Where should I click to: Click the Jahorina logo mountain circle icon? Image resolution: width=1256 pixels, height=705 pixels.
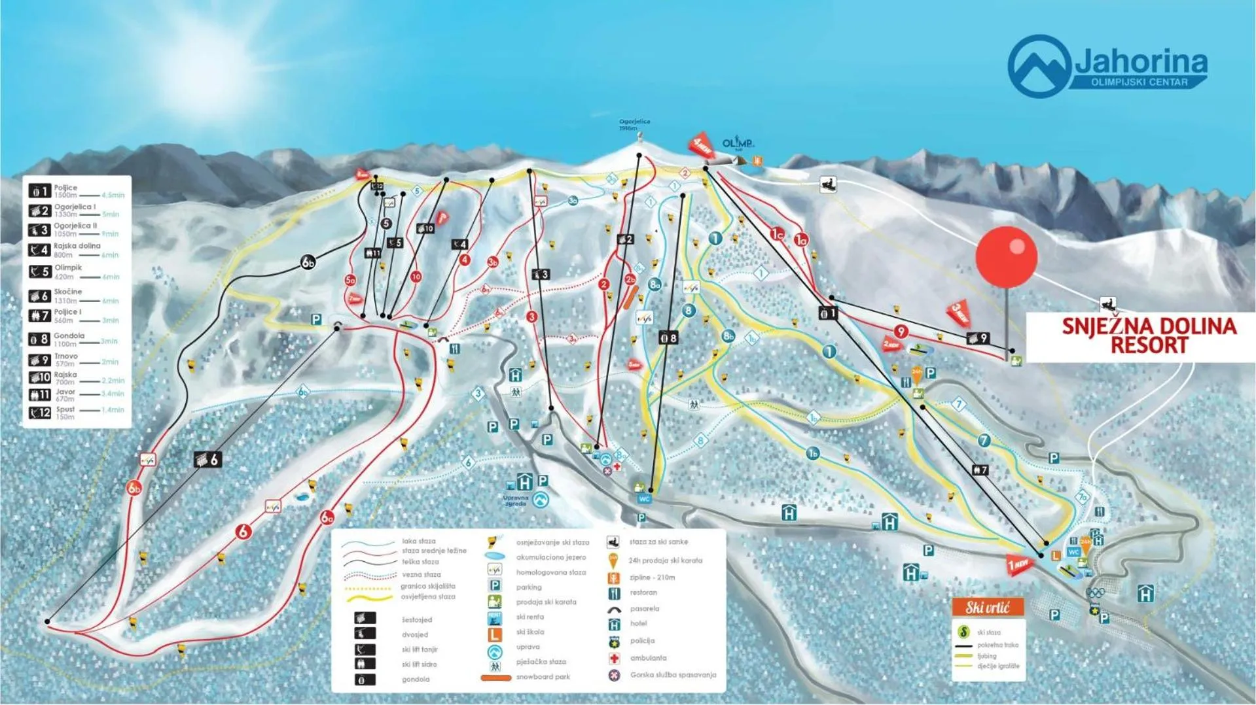pyautogui.click(x=1039, y=66)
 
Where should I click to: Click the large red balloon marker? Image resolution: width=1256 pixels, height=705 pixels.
pyautogui.click(x=1006, y=257)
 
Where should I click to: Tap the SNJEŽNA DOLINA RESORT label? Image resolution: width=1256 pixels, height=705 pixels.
pyautogui.click(x=1149, y=336)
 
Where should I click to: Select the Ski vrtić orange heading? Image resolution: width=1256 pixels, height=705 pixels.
pyautogui.click(x=987, y=608)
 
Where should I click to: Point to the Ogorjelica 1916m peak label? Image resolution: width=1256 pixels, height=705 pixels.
pyautogui.click(x=634, y=124)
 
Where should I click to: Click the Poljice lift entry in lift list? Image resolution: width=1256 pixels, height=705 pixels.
pyautogui.click(x=65, y=191)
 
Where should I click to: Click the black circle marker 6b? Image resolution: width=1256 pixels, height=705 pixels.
pyautogui.click(x=308, y=263)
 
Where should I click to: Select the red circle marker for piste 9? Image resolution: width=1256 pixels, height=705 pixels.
pyautogui.click(x=901, y=332)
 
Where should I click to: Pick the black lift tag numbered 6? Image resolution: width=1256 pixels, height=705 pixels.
pyautogui.click(x=207, y=460)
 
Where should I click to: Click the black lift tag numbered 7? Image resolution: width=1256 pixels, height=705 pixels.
pyautogui.click(x=980, y=470)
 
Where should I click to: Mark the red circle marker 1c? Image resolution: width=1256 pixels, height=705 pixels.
pyautogui.click(x=777, y=233)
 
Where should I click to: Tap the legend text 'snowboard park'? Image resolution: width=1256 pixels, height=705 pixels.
pyautogui.click(x=543, y=677)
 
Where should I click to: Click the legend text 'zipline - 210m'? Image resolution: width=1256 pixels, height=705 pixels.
pyautogui.click(x=652, y=577)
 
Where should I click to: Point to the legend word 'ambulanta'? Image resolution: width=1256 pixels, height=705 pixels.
pyautogui.click(x=648, y=658)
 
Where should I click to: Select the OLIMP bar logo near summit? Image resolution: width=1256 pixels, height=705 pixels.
pyautogui.click(x=738, y=143)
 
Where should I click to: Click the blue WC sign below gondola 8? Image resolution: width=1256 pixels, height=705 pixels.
pyautogui.click(x=644, y=499)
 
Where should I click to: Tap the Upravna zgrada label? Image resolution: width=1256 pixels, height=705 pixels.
pyautogui.click(x=515, y=501)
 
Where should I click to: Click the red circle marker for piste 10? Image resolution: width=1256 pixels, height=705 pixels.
pyautogui.click(x=416, y=277)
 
